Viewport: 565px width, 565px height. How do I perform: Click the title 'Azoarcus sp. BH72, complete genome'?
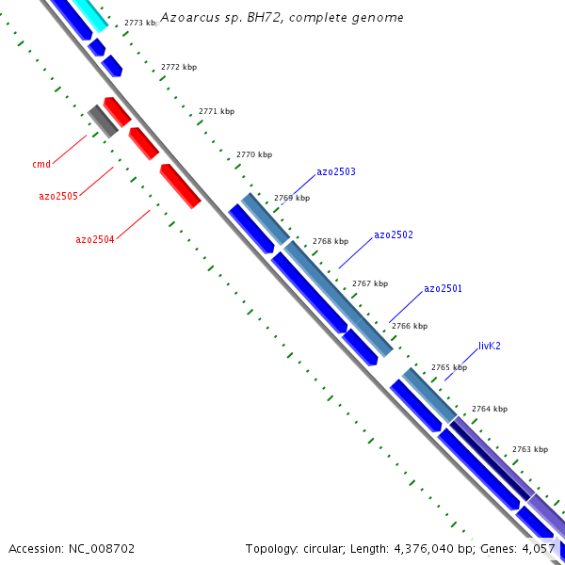[282, 18]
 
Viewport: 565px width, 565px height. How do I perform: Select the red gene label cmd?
[41, 165]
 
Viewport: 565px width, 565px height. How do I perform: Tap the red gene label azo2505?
[57, 196]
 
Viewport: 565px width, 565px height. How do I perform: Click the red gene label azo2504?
[94, 240]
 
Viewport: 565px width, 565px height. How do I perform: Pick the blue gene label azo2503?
[335, 171]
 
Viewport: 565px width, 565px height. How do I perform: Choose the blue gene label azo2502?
[393, 234]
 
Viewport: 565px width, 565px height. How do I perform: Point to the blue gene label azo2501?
[443, 288]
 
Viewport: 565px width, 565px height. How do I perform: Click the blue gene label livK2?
[489, 346]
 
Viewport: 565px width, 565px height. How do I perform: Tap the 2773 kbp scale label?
[140, 23]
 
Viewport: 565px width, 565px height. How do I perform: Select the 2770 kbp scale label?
[253, 154]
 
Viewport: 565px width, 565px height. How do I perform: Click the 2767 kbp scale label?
[369, 283]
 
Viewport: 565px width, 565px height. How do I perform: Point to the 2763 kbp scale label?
[529, 450]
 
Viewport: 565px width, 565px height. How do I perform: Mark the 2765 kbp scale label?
[448, 367]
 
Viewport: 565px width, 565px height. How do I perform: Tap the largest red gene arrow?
[180, 186]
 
